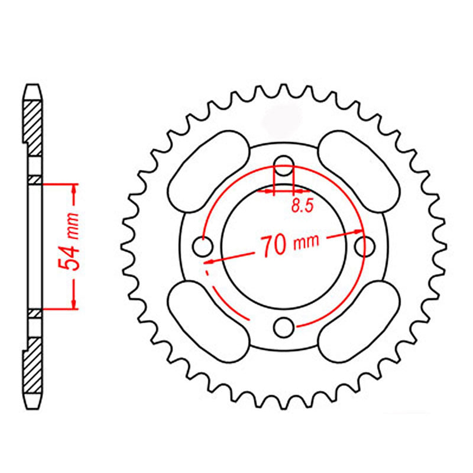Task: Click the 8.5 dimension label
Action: click(x=303, y=206)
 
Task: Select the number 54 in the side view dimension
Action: click(x=69, y=257)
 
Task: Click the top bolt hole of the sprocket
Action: click(x=284, y=166)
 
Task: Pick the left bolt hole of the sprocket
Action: click(x=202, y=247)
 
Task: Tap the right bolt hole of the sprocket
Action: click(x=365, y=247)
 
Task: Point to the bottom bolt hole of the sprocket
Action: click(x=284, y=328)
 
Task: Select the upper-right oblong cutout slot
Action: click(x=359, y=171)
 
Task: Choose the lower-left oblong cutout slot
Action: click(x=209, y=322)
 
